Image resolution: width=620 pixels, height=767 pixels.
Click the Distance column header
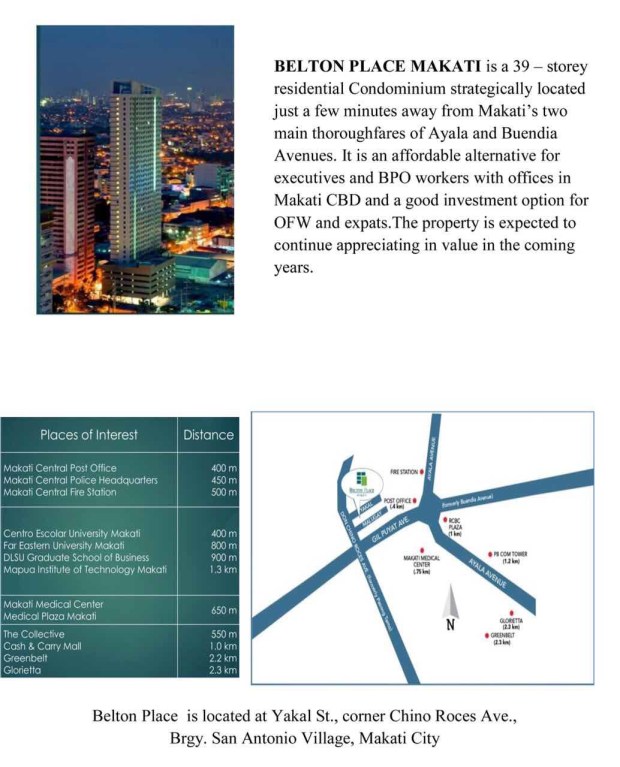pyautogui.click(x=208, y=435)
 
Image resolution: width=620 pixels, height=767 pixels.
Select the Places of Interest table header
pyautogui.click(x=89, y=435)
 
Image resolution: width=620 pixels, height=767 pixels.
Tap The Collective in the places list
pyautogui.click(x=34, y=634)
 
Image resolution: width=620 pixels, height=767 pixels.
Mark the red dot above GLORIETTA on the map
pyautogui.click(x=512, y=612)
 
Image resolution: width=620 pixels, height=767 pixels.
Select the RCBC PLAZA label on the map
pyautogui.click(x=455, y=527)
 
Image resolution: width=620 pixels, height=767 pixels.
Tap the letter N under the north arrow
pyautogui.click(x=450, y=626)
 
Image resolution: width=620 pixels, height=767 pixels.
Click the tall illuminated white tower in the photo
pyautogui.click(x=135, y=170)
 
